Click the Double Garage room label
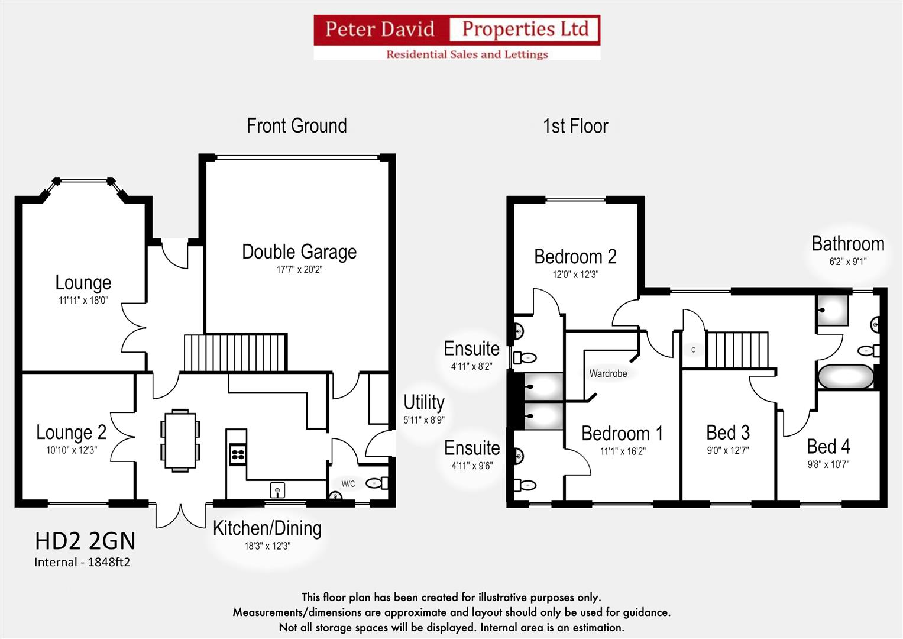(299, 252)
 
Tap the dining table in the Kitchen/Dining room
(180, 440)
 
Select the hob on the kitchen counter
(238, 454)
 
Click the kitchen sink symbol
(277, 490)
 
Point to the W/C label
(348, 484)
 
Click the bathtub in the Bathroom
(846, 377)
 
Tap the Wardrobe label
(608, 373)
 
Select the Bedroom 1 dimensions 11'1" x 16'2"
(622, 451)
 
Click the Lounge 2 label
(71, 433)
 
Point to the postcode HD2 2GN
(85, 541)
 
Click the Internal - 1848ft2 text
(82, 562)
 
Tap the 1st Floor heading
(575, 126)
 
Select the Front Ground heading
(297, 126)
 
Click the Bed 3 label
(728, 433)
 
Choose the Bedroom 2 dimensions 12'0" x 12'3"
(575, 275)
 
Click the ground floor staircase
(235, 353)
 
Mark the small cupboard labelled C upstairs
(694, 350)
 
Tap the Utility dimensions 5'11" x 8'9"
(423, 420)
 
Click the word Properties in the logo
(525, 29)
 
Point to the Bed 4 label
(828, 446)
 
